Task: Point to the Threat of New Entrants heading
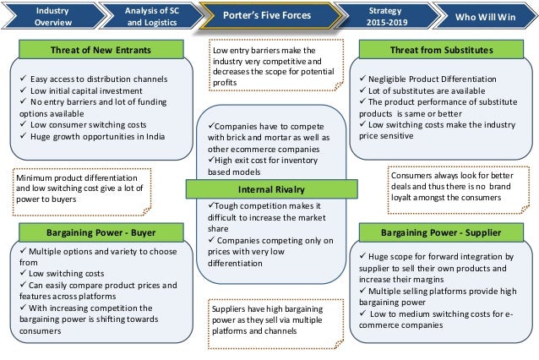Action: [x=102, y=50]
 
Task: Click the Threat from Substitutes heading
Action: [x=439, y=50]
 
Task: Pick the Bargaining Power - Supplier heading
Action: [x=439, y=231]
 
